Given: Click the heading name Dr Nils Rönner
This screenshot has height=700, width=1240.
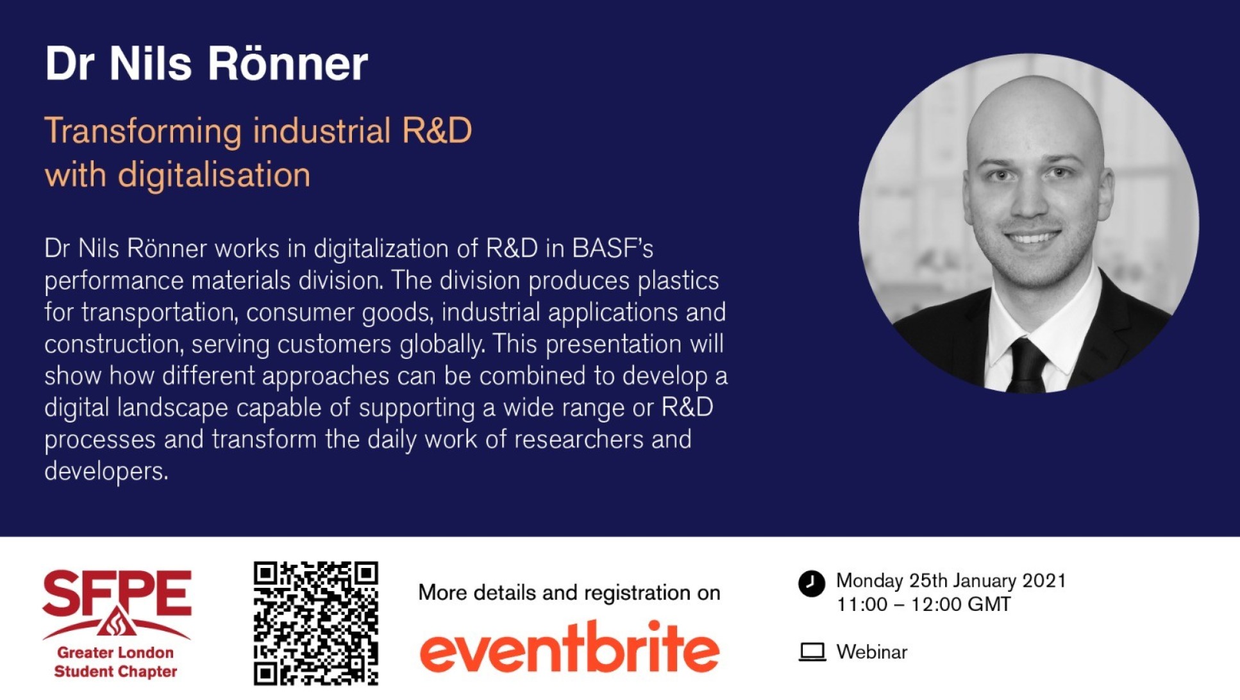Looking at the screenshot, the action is click(206, 63).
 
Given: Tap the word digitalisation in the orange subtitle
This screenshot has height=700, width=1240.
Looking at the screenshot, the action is click(214, 175).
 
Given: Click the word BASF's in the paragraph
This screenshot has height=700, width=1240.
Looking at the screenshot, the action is click(612, 248).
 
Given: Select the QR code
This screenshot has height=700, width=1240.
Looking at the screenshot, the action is click(315, 624).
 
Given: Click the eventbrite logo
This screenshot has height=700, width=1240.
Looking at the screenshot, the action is click(569, 647).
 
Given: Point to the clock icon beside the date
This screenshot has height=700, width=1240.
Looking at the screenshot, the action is click(811, 583).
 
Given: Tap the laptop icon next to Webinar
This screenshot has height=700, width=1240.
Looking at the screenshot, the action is click(812, 652).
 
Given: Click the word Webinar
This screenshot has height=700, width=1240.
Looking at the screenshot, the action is click(872, 652).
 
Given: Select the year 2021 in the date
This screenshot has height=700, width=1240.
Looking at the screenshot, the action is click(1044, 581).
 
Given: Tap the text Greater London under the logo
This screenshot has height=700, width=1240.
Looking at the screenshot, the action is click(115, 653).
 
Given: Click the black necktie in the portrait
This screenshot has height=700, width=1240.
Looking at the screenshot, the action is click(1028, 365).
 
